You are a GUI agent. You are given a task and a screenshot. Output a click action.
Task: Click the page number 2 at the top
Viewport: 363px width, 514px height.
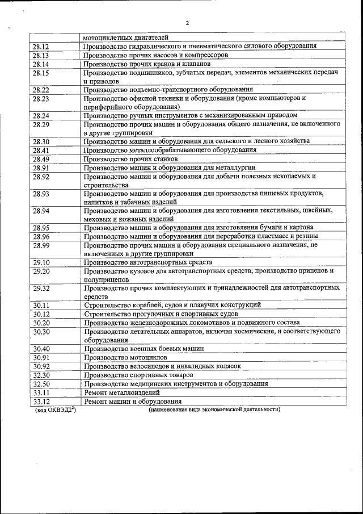point(187,23)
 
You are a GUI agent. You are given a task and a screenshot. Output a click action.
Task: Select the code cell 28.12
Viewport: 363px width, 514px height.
point(41,46)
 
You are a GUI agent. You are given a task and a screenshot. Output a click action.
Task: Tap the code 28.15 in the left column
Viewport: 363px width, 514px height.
point(41,73)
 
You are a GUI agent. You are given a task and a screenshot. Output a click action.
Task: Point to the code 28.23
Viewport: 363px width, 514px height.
point(41,98)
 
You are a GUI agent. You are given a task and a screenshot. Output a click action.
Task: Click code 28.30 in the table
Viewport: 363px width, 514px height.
point(41,141)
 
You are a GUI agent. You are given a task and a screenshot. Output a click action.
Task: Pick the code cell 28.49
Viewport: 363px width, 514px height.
point(41,158)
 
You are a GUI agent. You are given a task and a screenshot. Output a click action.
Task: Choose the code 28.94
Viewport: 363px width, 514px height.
point(41,211)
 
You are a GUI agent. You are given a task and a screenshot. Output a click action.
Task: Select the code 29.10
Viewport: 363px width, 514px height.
point(41,262)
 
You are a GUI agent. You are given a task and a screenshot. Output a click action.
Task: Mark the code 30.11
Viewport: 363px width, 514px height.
point(41,305)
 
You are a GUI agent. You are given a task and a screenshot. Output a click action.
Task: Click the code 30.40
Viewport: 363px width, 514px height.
point(41,349)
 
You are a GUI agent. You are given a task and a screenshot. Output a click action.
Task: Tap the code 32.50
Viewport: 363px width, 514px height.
point(41,383)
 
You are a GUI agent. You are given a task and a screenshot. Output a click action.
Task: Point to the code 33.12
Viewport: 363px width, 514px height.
point(41,401)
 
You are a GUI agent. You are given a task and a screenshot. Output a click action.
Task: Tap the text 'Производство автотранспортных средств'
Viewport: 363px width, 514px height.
point(147,262)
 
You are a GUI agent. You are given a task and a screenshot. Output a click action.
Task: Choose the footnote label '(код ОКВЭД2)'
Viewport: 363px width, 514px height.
point(55,409)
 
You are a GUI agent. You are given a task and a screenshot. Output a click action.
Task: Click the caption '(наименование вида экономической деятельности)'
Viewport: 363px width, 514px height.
point(214,409)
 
